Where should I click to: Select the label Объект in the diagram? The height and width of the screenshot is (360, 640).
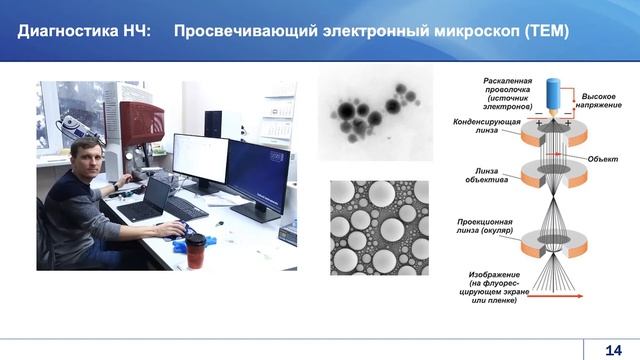[x=602, y=159]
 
